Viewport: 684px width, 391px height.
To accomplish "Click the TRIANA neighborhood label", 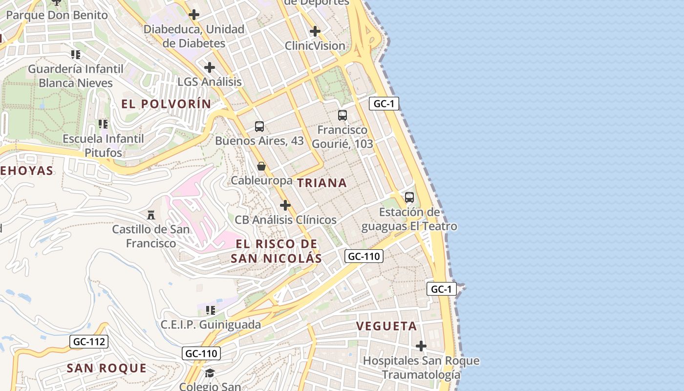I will coord(321,183).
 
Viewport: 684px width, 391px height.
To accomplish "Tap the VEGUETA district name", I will coord(386,326).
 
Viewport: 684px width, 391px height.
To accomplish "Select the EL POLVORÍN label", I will coord(166,104).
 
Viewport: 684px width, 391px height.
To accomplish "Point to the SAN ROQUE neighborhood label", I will coord(107,368).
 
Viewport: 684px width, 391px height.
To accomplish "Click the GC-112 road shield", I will coord(88,342).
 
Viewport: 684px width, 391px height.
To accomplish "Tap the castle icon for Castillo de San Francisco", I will coord(150,215).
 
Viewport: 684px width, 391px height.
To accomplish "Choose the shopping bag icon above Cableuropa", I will coord(261,166).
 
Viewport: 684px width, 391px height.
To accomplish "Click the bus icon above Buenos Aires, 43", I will coord(259,127).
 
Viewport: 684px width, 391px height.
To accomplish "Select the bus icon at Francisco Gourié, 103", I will coord(342,115).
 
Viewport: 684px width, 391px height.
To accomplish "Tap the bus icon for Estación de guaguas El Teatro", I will coord(409,197).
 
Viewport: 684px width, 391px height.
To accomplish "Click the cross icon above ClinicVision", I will coord(315,32).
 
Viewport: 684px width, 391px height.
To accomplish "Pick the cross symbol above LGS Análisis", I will coord(210,67).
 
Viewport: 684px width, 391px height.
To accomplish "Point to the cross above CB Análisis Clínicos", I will coord(285,205).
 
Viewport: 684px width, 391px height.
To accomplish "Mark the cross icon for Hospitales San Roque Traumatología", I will coord(421,346).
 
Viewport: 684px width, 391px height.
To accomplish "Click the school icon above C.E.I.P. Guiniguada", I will coord(211,310).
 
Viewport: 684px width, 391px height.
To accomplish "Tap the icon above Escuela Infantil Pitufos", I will coord(103,124).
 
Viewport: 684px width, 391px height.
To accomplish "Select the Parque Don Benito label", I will coord(57,15).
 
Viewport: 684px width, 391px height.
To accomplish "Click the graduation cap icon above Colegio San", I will coord(210,373).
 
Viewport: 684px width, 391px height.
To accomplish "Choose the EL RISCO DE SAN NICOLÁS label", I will coord(276,251).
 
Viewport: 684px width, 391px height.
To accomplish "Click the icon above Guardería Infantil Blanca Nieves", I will coord(75,54).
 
